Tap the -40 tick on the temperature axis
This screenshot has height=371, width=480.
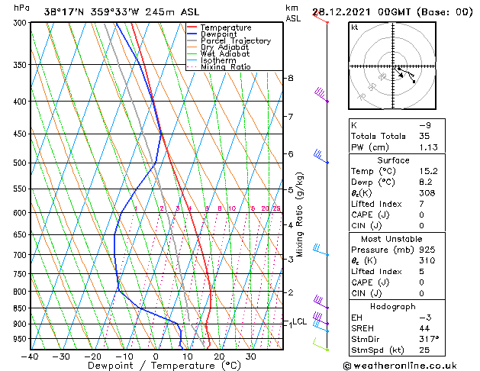tap(31, 356)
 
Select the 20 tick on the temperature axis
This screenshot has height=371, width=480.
tap(219, 356)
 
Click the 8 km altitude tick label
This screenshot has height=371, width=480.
tap(290, 79)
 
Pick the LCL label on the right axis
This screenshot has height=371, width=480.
tap(299, 321)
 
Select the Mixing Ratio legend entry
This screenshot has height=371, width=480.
tap(225, 67)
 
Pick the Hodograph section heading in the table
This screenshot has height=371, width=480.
tap(391, 306)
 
